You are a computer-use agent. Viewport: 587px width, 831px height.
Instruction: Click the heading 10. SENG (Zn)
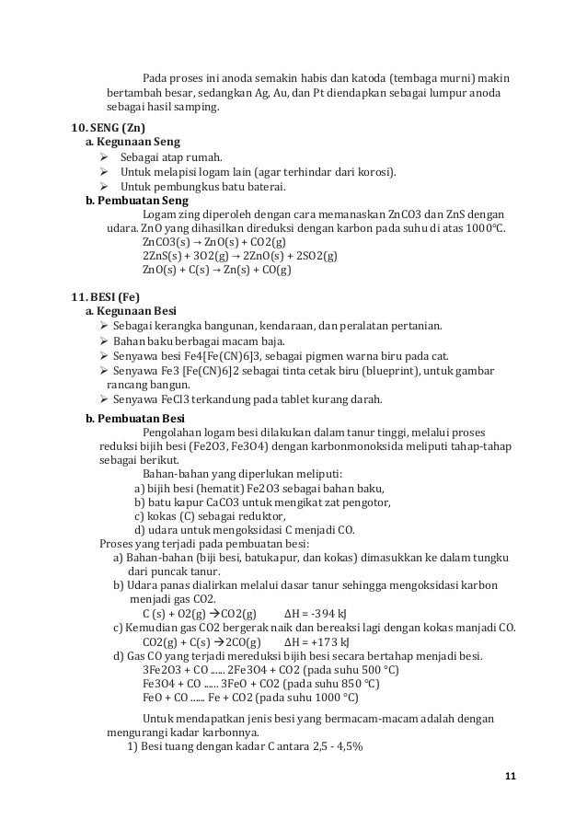pos(109,126)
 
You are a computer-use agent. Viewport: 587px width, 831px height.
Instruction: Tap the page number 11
pos(510,779)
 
